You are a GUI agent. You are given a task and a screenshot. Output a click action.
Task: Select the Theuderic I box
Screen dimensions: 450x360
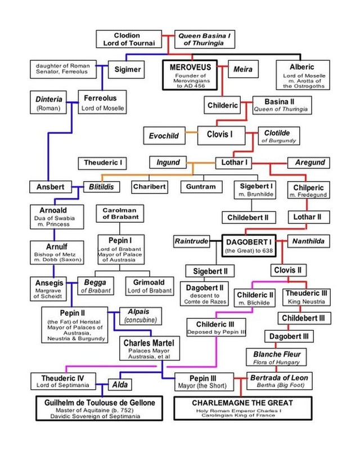coord(103,163)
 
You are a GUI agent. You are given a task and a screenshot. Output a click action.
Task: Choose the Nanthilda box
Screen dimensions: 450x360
coord(308,241)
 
